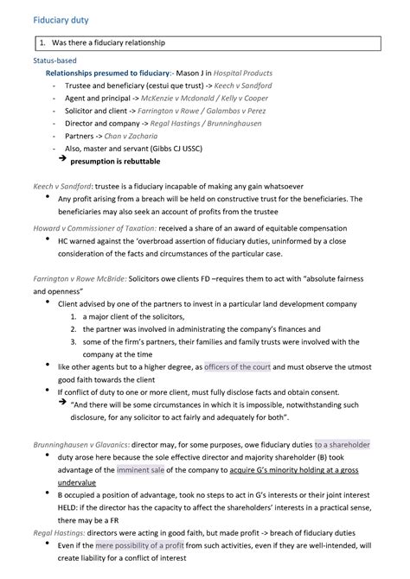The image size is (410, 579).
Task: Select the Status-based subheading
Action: [x=54, y=61]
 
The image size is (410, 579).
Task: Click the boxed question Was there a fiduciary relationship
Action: [x=109, y=41]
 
